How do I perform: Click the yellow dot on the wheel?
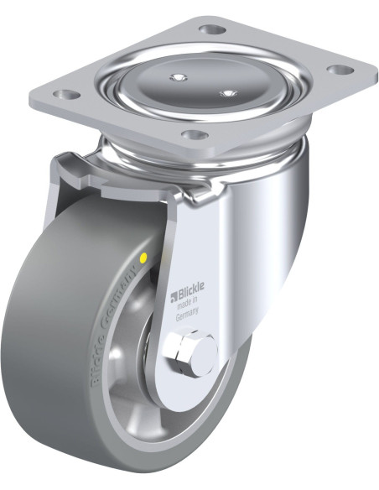(x=143, y=258)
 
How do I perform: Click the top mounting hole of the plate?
(x=212, y=30)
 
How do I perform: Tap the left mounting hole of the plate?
(x=66, y=94)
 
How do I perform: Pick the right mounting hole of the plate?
(x=340, y=70)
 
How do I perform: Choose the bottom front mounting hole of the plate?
(x=195, y=135)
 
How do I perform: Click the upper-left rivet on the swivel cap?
(x=179, y=77)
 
